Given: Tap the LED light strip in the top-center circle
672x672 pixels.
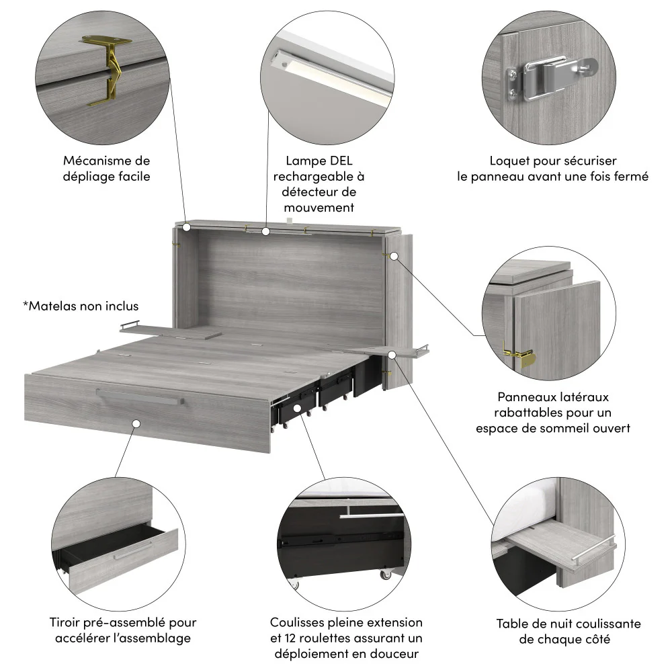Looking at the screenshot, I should click(x=329, y=77).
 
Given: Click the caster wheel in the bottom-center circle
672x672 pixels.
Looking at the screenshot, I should click(x=386, y=575).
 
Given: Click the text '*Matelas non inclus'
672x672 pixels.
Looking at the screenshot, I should click(x=81, y=306).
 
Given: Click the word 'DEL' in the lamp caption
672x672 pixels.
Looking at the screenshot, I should click(x=339, y=161).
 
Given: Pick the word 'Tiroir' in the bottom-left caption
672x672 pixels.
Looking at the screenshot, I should click(x=66, y=623).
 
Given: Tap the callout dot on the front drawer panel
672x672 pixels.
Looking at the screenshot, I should click(x=136, y=424).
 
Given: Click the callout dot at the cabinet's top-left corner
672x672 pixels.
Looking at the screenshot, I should click(x=186, y=228).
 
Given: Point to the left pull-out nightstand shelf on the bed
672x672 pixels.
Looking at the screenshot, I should click(x=171, y=331).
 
